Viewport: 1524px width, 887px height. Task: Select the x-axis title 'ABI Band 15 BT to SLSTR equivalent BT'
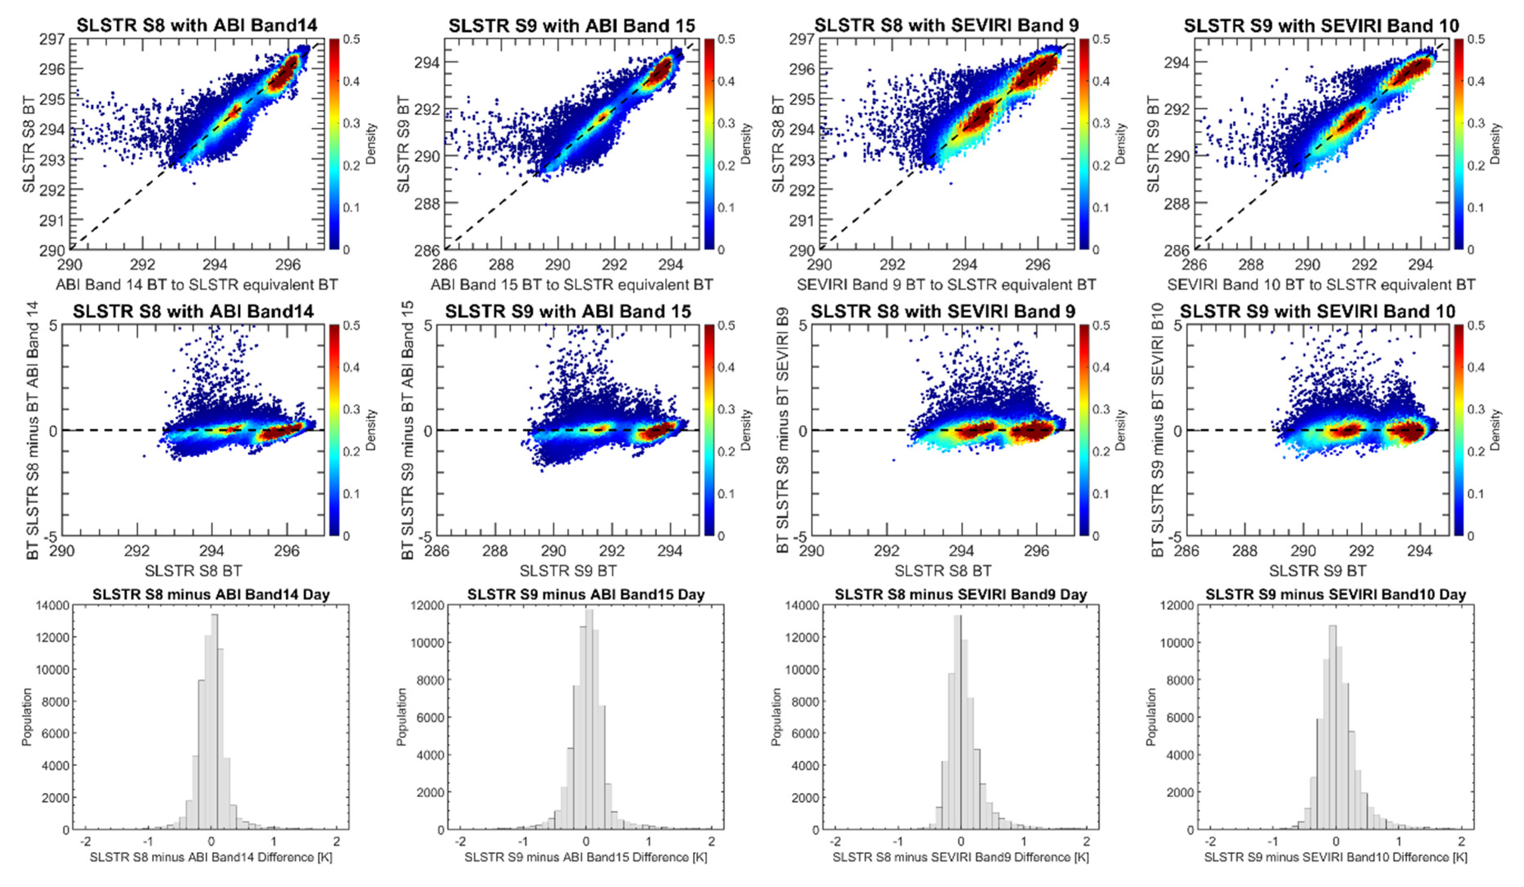(x=571, y=284)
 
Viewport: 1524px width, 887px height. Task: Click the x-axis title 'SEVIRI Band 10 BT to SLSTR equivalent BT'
(x=1321, y=284)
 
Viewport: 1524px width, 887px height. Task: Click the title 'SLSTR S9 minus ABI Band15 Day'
(x=585, y=595)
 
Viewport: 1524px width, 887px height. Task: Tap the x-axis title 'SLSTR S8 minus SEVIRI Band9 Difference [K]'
(x=960, y=857)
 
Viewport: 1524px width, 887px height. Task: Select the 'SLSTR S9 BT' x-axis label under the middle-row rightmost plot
(x=1317, y=571)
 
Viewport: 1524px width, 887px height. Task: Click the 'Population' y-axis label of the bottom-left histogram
(x=27, y=717)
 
